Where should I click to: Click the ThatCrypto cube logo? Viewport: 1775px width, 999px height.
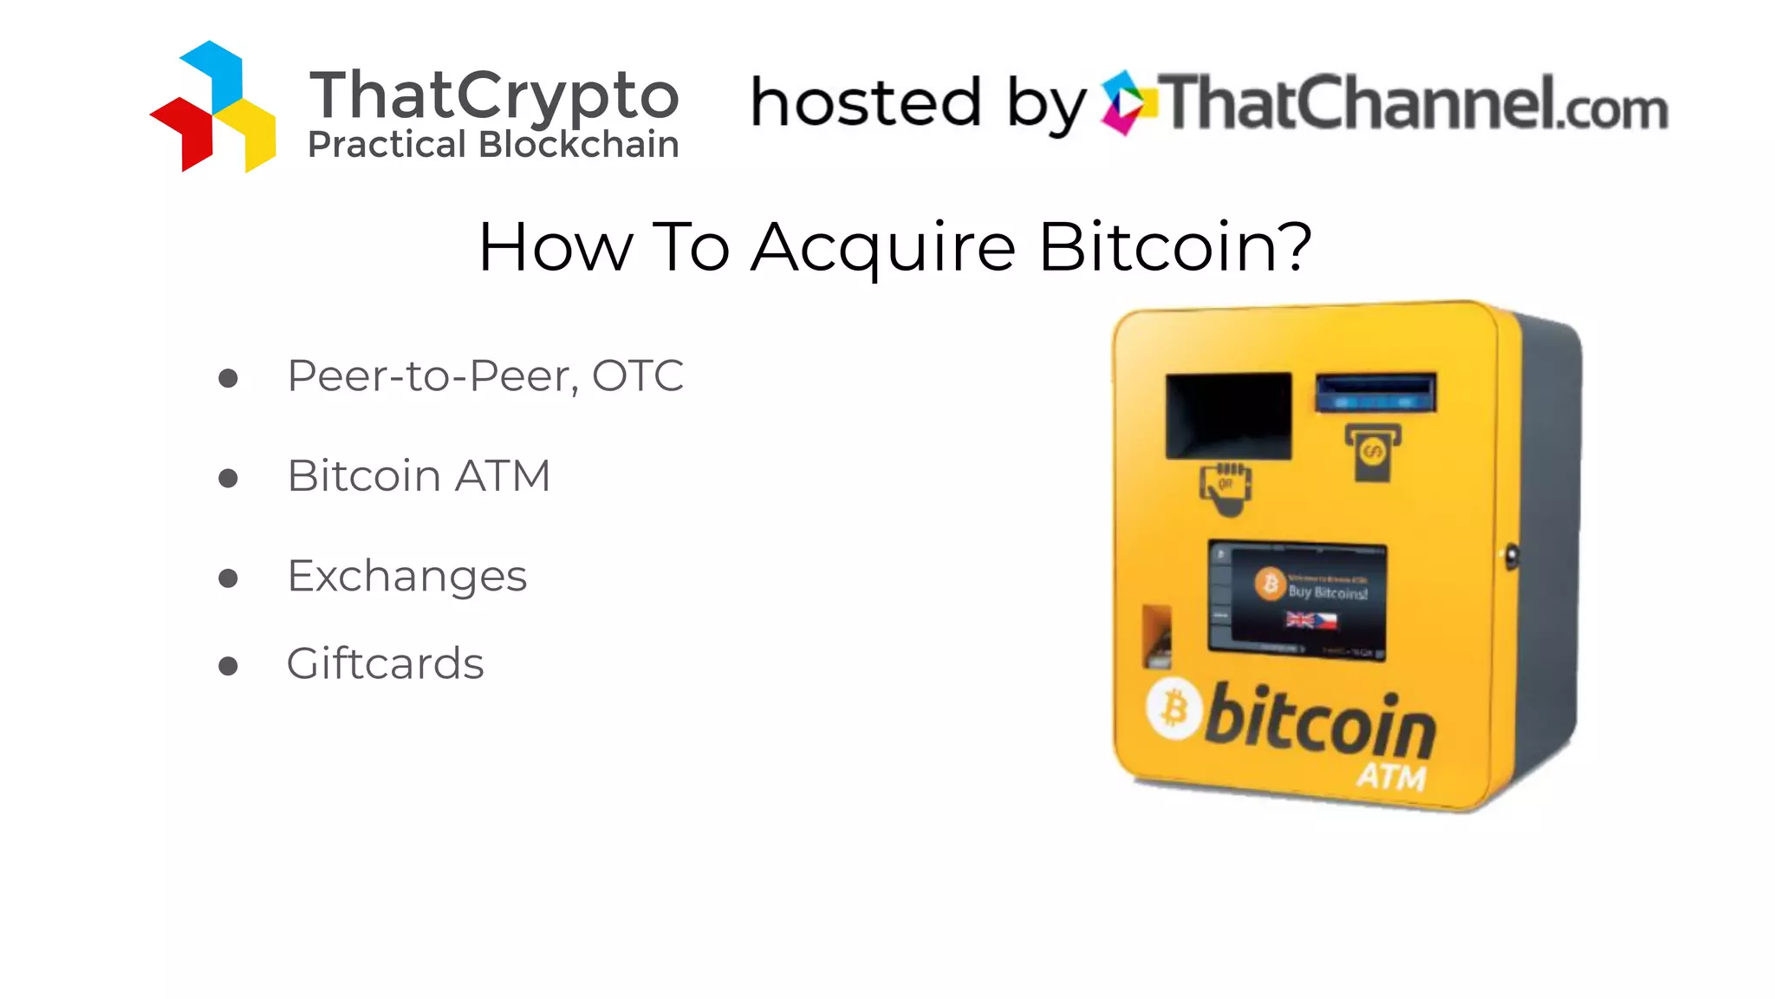point(213,107)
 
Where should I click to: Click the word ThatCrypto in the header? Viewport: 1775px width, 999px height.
point(494,95)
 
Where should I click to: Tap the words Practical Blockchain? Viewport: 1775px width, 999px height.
point(493,145)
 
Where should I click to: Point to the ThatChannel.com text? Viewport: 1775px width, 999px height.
point(1413,103)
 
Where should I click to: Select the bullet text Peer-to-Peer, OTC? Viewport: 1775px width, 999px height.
point(485,376)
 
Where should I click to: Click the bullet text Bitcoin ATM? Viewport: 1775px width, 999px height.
point(419,476)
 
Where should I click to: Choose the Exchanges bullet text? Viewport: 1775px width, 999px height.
point(406,577)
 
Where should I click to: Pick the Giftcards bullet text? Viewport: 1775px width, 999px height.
point(385,664)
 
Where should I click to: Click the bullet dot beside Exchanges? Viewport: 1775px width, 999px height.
point(228,578)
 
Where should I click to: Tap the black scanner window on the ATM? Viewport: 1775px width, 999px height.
point(1228,415)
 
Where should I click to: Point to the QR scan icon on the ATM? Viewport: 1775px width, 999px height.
point(1226,489)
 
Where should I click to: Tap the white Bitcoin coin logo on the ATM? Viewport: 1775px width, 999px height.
point(1174,708)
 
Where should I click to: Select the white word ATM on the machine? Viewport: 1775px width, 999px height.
point(1391,776)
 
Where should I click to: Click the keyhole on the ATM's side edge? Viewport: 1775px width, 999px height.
point(1512,556)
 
